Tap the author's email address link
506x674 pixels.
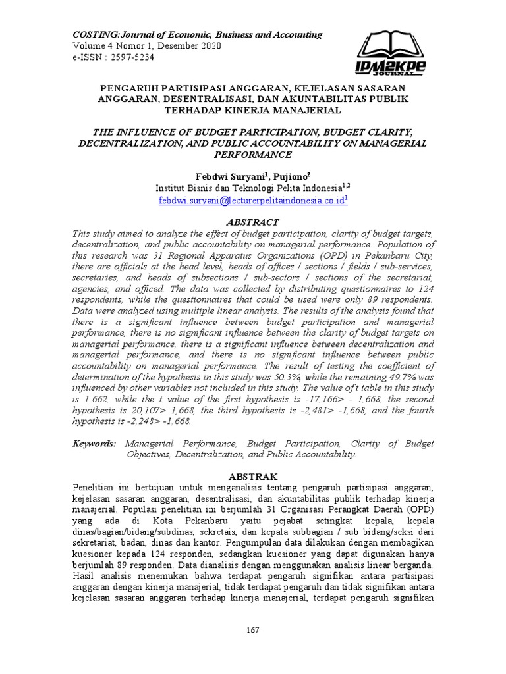(252, 200)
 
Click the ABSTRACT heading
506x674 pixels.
(253, 222)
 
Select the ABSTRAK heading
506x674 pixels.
(253, 476)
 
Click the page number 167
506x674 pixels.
(253, 630)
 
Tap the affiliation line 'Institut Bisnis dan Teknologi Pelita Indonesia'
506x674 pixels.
(249, 188)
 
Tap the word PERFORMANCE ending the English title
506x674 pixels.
(253, 155)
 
